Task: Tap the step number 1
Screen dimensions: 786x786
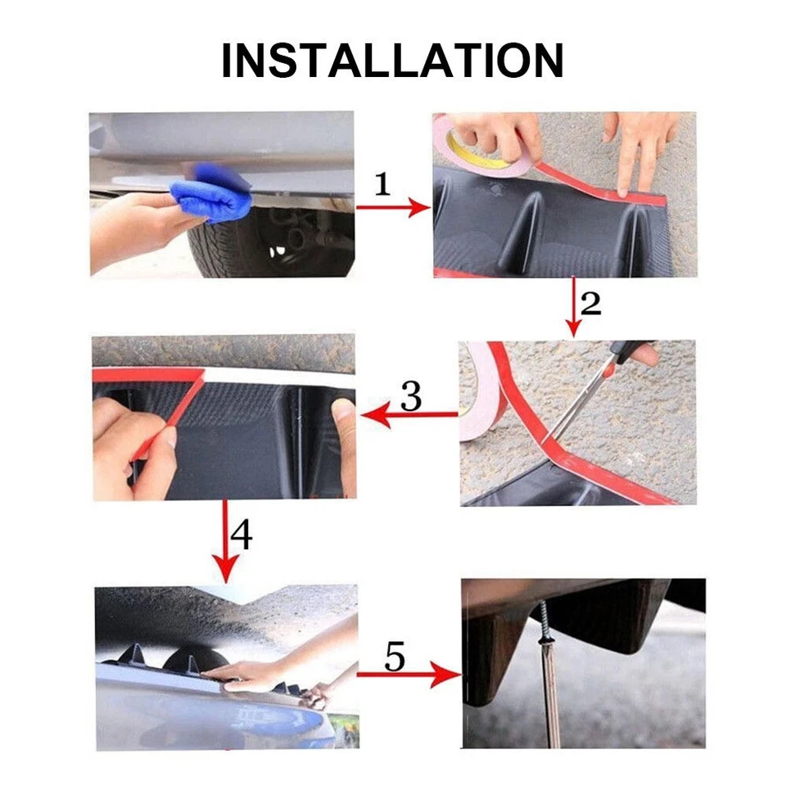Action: point(382,184)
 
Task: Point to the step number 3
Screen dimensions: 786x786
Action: point(411,396)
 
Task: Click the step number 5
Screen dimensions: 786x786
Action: point(395,656)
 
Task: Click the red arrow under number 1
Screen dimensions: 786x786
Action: point(392,208)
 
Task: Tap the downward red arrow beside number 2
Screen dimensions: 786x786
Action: point(572,307)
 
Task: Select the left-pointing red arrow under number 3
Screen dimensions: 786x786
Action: point(409,416)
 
